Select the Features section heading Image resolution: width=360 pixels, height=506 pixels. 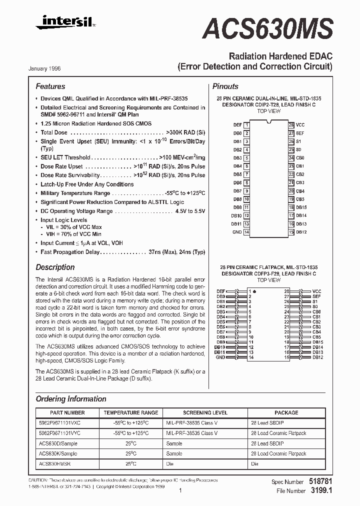(x=50, y=86)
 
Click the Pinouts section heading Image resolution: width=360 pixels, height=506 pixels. (x=225, y=86)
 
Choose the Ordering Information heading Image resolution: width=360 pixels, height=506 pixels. (x=71, y=399)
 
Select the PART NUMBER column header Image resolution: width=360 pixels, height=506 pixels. (x=67, y=412)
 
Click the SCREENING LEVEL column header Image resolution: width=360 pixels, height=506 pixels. (x=205, y=412)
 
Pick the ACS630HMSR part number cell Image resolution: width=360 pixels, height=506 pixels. (x=54, y=463)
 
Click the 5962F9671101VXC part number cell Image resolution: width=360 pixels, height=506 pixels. (x=59, y=422)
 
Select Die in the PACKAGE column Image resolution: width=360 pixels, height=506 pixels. (x=254, y=463)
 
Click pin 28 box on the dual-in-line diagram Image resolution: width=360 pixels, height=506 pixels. (x=291, y=124)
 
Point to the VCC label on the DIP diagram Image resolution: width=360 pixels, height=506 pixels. (x=300, y=124)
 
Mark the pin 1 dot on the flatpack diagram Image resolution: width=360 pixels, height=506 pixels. (x=254, y=290)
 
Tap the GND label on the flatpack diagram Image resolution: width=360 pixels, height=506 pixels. (x=220, y=357)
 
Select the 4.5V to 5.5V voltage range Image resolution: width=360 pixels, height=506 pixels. (x=190, y=211)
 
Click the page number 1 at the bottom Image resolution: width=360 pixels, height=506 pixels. (x=179, y=491)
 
